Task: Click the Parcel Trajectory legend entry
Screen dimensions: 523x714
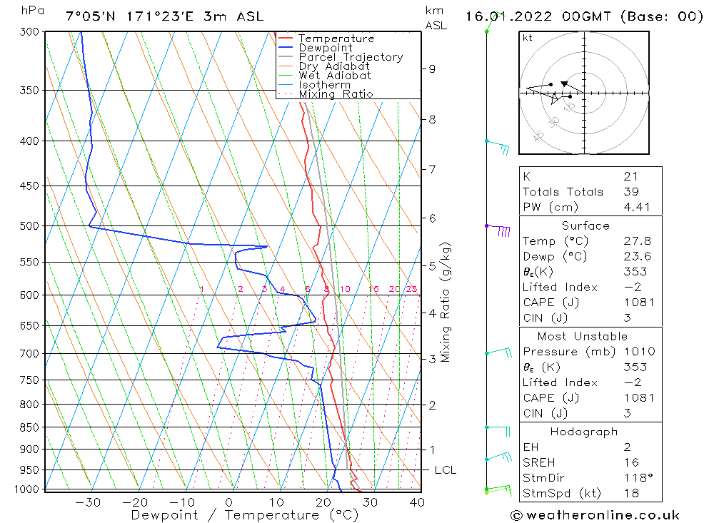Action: pyautogui.click(x=351, y=57)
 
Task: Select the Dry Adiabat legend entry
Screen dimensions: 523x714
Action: pyautogui.click(x=334, y=66)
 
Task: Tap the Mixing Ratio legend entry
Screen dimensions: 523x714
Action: pyautogui.click(x=336, y=94)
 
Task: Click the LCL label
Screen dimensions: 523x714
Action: pyautogui.click(x=445, y=470)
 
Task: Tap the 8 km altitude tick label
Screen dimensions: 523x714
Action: pyautogui.click(x=432, y=120)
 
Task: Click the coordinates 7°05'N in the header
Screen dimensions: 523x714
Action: pyautogui.click(x=92, y=16)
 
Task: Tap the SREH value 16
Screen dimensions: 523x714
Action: pyautogui.click(x=630, y=463)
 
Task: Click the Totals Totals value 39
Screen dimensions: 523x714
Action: pyautogui.click(x=630, y=191)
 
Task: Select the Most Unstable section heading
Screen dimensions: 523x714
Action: pyautogui.click(x=583, y=336)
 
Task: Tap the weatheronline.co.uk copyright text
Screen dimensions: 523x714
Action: pyautogui.click(x=595, y=515)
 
